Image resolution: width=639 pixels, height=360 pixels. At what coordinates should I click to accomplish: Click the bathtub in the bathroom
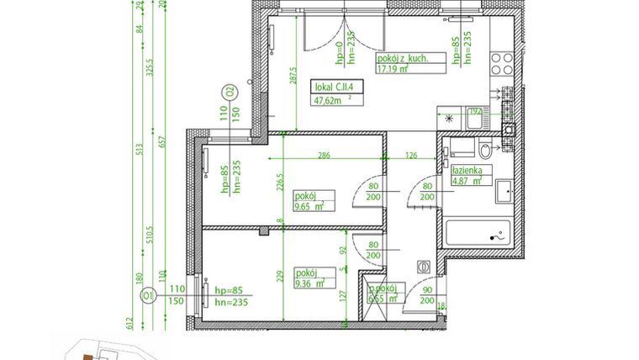click(x=478, y=234)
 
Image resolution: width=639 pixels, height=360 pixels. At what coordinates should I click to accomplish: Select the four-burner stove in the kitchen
click(x=502, y=65)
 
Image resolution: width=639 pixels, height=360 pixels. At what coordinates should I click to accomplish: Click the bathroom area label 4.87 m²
click(x=462, y=178)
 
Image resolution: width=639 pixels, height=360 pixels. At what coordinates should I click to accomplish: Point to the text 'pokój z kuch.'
click(x=403, y=59)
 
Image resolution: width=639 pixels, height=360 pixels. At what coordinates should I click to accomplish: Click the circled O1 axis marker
click(x=148, y=295)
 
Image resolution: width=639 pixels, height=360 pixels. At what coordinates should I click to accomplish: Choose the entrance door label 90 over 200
click(x=426, y=296)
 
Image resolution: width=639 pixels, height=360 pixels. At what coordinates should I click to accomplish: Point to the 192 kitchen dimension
click(x=473, y=111)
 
